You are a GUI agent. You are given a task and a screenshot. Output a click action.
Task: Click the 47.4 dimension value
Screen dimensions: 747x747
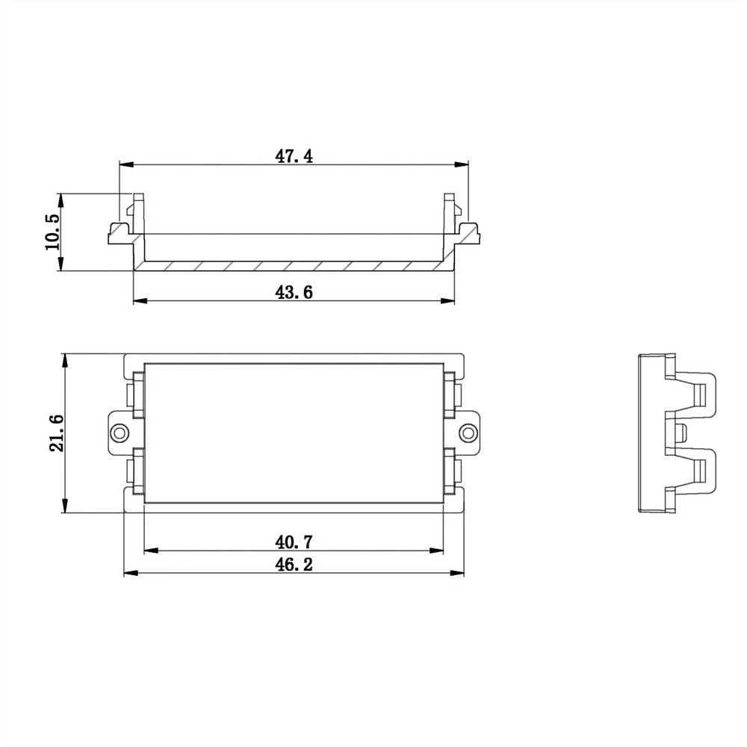[x=294, y=156]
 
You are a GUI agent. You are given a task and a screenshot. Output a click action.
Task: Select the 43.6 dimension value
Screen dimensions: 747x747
[x=294, y=292]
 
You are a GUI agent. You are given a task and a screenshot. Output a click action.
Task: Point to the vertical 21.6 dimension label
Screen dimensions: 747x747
[x=56, y=433]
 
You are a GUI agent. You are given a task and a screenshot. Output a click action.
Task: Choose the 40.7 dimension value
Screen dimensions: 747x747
[x=294, y=541]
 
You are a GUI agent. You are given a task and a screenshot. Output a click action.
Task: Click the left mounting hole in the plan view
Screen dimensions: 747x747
[x=119, y=433]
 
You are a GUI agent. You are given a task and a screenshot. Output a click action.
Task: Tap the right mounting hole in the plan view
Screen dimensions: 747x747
[x=468, y=433]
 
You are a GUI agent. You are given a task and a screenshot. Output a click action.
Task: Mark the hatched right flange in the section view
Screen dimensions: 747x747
[x=468, y=235]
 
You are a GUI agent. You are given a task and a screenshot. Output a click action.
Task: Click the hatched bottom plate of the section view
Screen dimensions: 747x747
[x=294, y=267]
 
